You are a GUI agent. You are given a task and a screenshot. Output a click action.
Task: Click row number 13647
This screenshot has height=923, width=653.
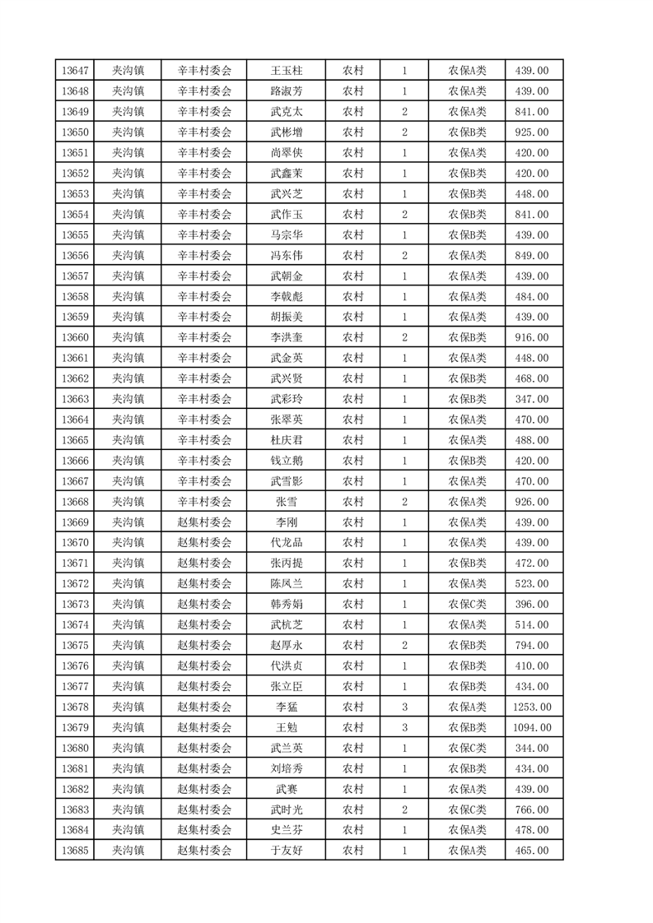click(74, 70)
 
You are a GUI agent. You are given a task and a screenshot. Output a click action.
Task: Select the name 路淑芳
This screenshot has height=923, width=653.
click(286, 90)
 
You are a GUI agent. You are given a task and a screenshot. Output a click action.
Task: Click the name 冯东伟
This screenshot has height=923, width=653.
click(286, 255)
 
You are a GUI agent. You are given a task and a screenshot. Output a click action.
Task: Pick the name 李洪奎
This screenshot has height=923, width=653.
click(286, 337)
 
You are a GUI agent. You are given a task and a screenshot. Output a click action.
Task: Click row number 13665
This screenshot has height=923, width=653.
click(74, 440)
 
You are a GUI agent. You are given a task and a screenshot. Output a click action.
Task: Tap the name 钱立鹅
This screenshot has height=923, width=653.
click(286, 461)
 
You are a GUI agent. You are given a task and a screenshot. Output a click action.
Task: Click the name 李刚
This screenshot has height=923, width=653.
click(286, 522)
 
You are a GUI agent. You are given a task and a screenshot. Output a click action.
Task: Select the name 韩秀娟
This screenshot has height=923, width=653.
click(286, 605)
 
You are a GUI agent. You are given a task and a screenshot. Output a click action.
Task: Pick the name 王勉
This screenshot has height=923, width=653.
click(286, 728)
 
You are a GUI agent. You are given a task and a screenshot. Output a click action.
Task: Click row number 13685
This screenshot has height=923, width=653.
click(74, 851)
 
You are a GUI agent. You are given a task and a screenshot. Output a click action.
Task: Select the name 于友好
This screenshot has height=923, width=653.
click(286, 851)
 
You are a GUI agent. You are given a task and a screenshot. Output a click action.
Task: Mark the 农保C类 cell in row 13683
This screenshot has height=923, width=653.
click(467, 810)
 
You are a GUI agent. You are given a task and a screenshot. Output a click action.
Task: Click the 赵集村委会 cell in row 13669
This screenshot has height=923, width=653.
click(204, 522)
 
